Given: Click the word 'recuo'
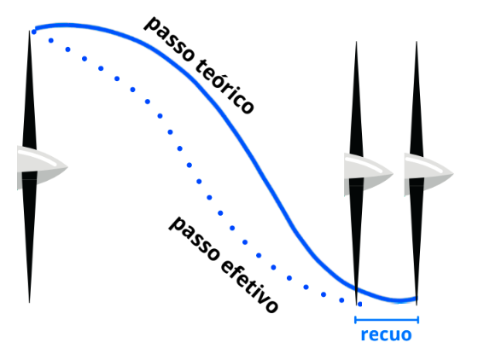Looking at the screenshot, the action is coord(386,334).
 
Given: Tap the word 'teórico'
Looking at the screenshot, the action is coord(225,86).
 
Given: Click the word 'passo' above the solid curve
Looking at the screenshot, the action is coord(170,38).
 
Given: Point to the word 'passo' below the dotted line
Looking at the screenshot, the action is coord(195,238).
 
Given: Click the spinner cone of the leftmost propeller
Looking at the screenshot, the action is coord(43,167).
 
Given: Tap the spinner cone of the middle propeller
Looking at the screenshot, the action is coord(369,174).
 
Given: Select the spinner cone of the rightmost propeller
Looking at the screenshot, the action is coord(429,174).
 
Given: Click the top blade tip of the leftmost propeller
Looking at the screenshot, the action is coord(30,31).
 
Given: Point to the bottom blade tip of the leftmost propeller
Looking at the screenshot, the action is coord(30,302).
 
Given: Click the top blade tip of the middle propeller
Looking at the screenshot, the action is coord(357,42).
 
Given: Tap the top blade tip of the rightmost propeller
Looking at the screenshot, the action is coord(417,42).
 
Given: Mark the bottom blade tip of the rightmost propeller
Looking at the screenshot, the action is coord(417,305).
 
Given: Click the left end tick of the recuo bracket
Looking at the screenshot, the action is coord(356,320).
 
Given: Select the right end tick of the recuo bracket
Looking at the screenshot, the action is coord(418,320).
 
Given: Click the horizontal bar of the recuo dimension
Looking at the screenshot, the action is coord(387,320).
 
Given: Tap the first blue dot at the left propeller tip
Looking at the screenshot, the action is coord(34,32).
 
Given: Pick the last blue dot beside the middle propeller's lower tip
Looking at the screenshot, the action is coord(360,305).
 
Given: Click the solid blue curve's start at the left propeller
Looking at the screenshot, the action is coord(37,28).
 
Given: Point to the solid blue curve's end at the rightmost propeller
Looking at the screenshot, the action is coord(416,299).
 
